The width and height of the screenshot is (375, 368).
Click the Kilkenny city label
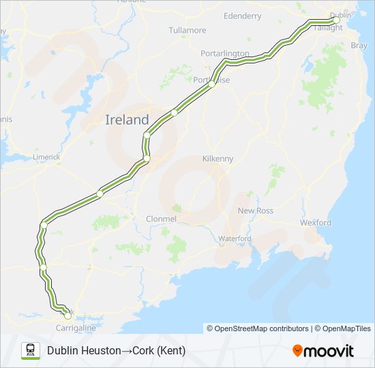pyautogui.click(x=217, y=159)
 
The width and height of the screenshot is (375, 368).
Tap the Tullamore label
pyautogui.click(x=187, y=31)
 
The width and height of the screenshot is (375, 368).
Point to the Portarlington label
pyautogui.click(x=225, y=53)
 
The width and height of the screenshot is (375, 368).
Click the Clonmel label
pyautogui.click(x=161, y=219)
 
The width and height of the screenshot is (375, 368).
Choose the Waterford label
pyautogui.click(x=235, y=239)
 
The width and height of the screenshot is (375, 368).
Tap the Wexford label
pyautogui.click(x=316, y=223)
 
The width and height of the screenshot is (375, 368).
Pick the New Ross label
pyautogui.click(x=255, y=211)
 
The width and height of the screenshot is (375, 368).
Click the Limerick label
pyautogui.click(x=46, y=157)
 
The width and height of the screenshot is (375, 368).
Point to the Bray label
pyautogui.click(x=358, y=46)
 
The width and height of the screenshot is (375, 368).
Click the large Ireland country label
pyautogui.click(x=127, y=120)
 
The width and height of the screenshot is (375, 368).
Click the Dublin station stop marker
pyautogui.click(x=336, y=20)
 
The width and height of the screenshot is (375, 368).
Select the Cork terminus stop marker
pyautogui.click(x=67, y=315)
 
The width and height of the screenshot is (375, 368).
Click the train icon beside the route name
pyautogui.click(x=31, y=350)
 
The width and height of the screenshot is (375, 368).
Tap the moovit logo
pyautogui.click(x=323, y=350)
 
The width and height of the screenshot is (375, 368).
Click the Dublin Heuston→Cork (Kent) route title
pyautogui.click(x=116, y=350)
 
